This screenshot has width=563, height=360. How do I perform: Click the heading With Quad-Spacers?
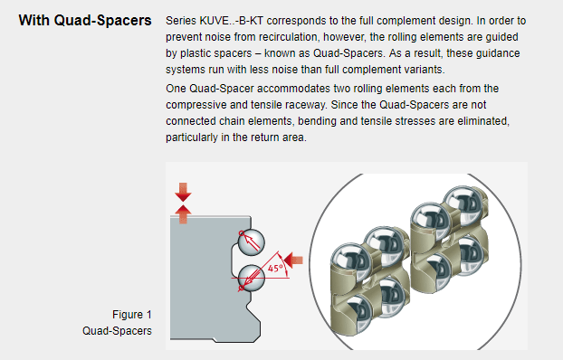tap(85, 21)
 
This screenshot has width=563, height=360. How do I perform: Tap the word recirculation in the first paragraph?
tap(287, 37)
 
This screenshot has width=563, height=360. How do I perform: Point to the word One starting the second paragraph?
tap(176, 89)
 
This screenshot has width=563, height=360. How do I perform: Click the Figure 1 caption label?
tap(132, 315)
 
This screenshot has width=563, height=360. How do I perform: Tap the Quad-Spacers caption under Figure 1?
tap(117, 330)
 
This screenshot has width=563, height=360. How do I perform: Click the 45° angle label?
tap(276, 269)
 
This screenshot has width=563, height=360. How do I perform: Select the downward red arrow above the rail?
tap(183, 192)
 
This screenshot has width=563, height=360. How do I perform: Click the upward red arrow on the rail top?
tap(183, 214)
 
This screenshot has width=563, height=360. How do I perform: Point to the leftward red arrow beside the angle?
tap(293, 260)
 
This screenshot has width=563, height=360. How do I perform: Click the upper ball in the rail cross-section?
tap(252, 242)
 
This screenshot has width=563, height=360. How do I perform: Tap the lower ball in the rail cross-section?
tap(252, 278)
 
